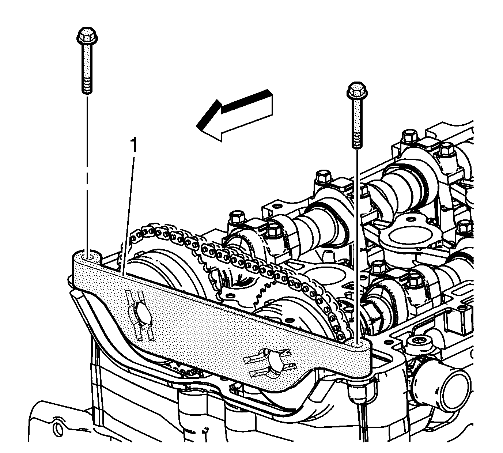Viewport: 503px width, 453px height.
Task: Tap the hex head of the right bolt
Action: coord(357,91)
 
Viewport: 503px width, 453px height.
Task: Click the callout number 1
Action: coord(134,145)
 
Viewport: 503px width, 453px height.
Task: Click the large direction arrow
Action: coord(234,116)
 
